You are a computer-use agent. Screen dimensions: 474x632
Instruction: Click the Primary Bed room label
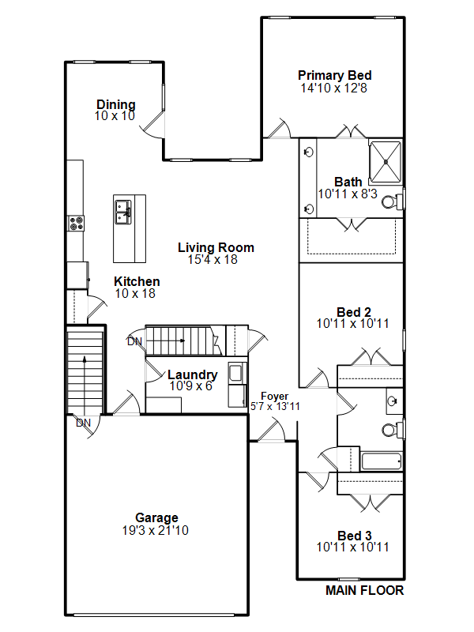(334, 75)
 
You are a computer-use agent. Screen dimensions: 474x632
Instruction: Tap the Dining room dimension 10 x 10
(115, 116)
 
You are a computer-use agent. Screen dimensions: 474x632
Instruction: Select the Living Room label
(216, 247)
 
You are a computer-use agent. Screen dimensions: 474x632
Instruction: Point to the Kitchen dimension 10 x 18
(135, 293)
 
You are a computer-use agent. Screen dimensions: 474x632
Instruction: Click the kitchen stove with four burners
(76, 224)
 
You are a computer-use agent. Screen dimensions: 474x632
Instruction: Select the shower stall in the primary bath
(386, 162)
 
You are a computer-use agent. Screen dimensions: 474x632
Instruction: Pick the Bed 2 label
(354, 312)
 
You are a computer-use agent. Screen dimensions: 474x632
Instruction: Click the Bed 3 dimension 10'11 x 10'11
(352, 547)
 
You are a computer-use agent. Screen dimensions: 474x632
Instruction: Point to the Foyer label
(274, 397)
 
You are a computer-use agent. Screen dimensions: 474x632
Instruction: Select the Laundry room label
(192, 374)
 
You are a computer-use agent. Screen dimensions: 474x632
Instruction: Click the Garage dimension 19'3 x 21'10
(155, 530)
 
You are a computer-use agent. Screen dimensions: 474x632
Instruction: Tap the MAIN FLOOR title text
(364, 590)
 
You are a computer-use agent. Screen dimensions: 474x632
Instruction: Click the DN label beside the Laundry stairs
(134, 342)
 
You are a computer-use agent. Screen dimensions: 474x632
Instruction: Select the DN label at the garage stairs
(83, 423)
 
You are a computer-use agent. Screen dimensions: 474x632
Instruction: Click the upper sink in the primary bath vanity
(309, 152)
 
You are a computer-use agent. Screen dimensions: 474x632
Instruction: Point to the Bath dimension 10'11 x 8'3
(348, 194)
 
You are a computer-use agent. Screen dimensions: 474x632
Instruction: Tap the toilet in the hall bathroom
(391, 429)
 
